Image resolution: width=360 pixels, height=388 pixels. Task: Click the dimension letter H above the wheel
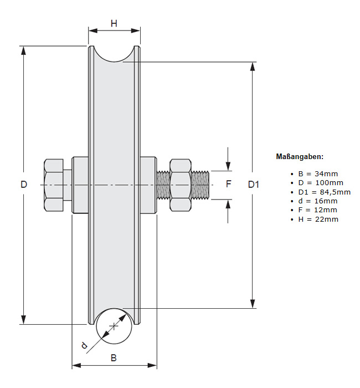[x=114, y=23]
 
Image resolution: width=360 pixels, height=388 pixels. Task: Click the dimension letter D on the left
[x=24, y=184]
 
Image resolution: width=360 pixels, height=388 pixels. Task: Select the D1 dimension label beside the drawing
[x=253, y=184]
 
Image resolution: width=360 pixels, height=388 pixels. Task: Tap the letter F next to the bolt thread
[x=228, y=183]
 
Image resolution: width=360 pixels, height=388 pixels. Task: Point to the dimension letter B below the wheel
[x=114, y=358]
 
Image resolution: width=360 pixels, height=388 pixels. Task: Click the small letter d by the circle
[x=84, y=346]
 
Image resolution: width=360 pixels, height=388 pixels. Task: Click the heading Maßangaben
[x=300, y=157]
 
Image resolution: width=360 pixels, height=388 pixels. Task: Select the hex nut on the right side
[x=181, y=185]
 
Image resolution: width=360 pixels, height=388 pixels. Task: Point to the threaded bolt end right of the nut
[x=202, y=185]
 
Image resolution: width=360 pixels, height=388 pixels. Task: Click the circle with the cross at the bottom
[x=115, y=326]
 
